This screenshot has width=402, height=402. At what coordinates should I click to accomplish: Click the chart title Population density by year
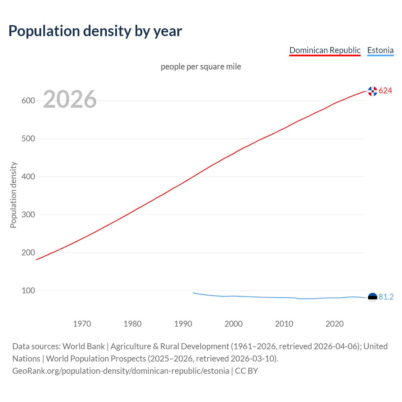click(95, 31)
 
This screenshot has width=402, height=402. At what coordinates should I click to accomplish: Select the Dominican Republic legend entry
click(325, 50)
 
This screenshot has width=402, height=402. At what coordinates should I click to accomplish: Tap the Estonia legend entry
click(380, 50)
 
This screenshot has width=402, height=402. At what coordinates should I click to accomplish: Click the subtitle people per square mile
click(201, 67)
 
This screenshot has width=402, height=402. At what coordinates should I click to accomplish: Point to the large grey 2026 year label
click(70, 99)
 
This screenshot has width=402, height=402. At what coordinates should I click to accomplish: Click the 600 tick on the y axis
click(28, 101)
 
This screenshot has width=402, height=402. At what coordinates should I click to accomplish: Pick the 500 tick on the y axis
click(28, 139)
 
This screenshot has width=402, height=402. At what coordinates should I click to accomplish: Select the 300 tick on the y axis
click(28, 215)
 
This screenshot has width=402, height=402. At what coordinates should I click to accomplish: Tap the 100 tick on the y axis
click(28, 291)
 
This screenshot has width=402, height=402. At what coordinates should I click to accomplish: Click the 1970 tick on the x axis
click(82, 324)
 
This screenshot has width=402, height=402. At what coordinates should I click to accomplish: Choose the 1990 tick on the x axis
click(183, 324)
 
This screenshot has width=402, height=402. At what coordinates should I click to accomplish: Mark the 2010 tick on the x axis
click(284, 324)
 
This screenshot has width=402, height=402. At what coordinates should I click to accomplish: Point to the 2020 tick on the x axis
click(334, 324)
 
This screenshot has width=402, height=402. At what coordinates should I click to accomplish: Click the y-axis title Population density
click(13, 195)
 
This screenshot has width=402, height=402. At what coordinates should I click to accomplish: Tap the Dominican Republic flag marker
click(372, 91)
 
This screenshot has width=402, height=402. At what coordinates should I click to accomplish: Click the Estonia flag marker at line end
click(372, 297)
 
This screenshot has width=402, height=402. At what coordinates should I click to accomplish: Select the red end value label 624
click(385, 91)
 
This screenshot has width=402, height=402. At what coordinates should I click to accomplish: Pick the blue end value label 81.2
click(386, 297)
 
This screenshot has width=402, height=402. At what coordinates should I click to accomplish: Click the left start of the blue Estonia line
click(193, 293)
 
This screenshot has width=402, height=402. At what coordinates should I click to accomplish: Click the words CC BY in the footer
click(246, 371)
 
